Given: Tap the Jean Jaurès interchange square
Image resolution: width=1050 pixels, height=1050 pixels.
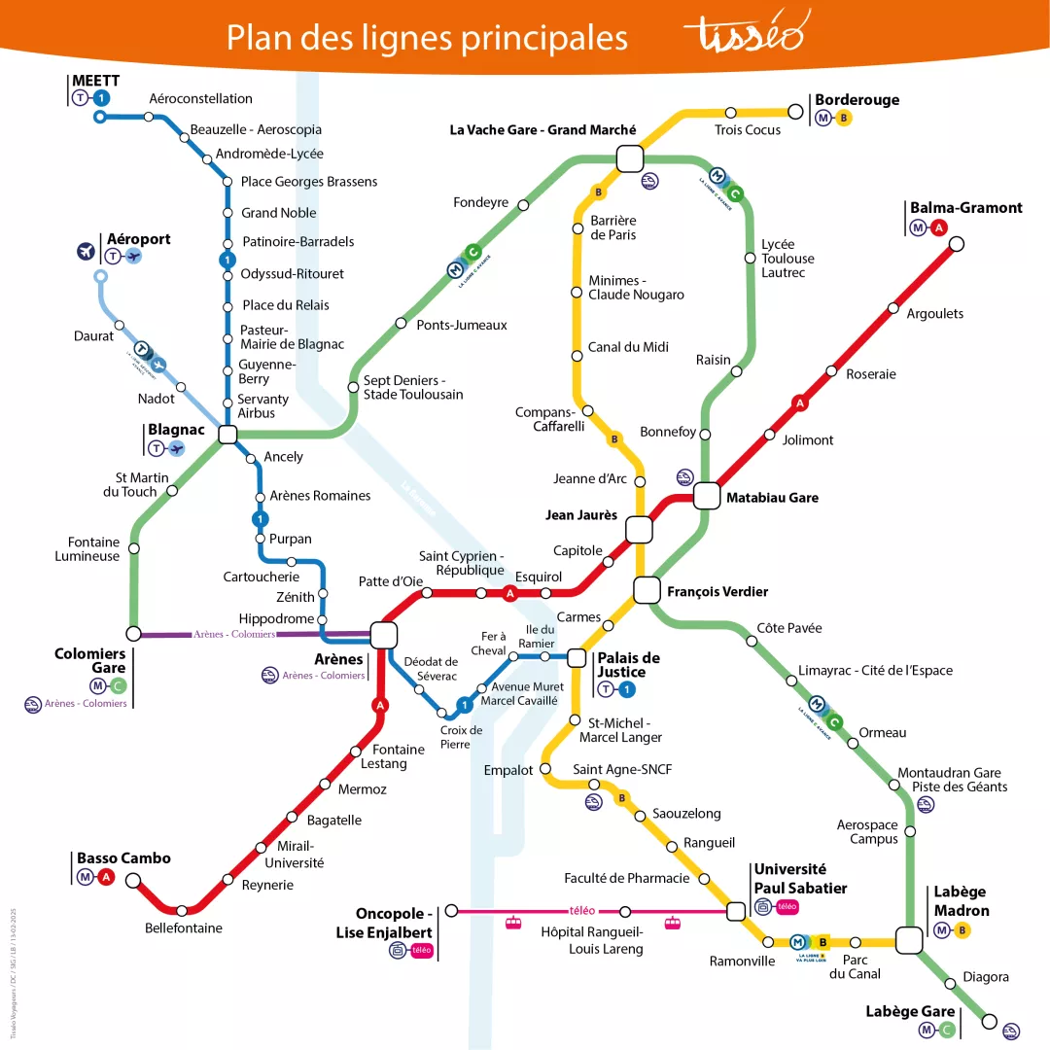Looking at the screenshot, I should [x=639, y=530].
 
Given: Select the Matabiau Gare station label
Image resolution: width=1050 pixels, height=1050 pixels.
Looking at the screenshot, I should [x=772, y=498].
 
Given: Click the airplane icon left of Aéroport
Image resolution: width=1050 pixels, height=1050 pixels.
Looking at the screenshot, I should [x=87, y=252].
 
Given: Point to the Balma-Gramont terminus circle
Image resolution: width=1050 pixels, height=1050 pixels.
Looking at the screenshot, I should [x=956, y=244].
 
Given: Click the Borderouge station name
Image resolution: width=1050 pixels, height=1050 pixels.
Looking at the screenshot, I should [x=857, y=100].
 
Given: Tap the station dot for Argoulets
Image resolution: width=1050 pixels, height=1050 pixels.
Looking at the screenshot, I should [x=892, y=309].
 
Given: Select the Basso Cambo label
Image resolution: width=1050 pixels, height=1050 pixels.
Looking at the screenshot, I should [x=123, y=858].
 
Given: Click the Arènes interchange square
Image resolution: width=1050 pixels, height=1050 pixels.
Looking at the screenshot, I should [x=383, y=635].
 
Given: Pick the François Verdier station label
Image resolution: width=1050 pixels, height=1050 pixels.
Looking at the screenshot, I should [x=717, y=591].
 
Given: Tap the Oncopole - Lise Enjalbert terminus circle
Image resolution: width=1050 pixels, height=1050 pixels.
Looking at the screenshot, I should [x=451, y=911].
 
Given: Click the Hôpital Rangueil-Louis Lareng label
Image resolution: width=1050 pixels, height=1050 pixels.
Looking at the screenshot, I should [x=592, y=940].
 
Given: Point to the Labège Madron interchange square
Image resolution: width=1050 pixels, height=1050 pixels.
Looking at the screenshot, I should [x=909, y=940].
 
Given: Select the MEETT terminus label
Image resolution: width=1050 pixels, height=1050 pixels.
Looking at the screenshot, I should [x=95, y=80].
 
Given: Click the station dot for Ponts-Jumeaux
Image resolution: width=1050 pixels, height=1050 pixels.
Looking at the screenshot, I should [x=401, y=323].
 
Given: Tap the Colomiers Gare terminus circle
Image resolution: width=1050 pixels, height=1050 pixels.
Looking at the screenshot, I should [x=134, y=634].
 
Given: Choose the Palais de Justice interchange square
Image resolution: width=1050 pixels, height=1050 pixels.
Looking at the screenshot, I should [x=576, y=658].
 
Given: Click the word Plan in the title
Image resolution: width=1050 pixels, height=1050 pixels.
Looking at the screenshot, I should [x=258, y=37].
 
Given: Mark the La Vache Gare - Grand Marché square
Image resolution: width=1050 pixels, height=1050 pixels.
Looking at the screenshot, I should [x=629, y=158].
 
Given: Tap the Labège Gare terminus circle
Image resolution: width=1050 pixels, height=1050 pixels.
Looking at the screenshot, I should [x=990, y=1021].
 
